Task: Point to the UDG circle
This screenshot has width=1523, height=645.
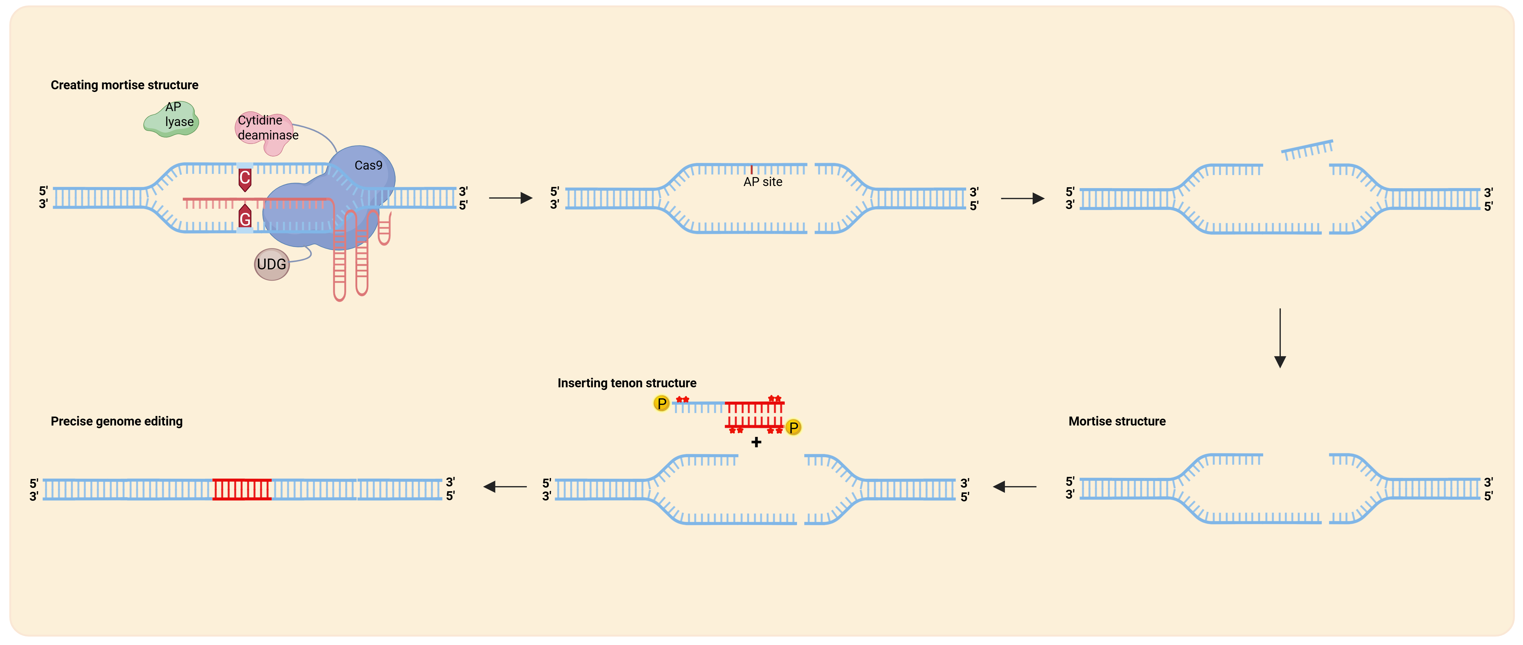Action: [271, 264]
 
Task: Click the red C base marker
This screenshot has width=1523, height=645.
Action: [245, 179]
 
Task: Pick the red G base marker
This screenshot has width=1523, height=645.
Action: [245, 218]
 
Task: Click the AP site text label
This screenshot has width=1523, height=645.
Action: [763, 182]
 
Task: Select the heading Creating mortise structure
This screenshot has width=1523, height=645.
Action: [124, 85]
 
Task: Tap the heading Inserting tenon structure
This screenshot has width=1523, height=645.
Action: [627, 383]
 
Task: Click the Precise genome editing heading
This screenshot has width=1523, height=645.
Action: [116, 422]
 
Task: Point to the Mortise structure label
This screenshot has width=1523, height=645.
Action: [1117, 422]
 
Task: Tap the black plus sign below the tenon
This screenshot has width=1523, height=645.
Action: [756, 442]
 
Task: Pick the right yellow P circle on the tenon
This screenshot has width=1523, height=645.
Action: [793, 427]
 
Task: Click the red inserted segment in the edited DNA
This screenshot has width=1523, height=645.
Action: [242, 489]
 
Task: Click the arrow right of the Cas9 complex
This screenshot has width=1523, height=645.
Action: [511, 198]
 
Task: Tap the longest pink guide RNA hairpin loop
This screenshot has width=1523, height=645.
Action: [339, 260]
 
